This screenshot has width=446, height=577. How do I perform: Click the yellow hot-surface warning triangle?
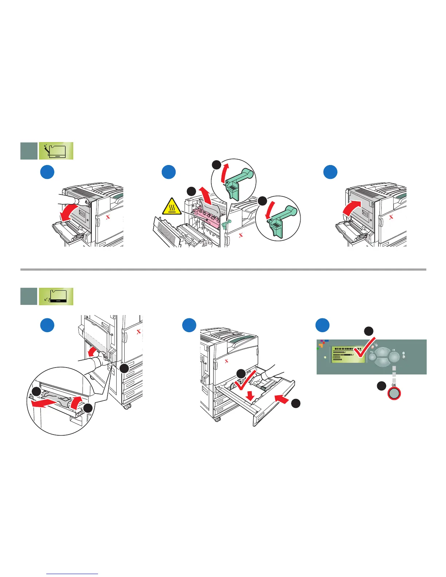[172, 207]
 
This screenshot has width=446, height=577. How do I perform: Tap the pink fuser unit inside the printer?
[207, 217]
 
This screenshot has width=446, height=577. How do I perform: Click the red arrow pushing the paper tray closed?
[282, 399]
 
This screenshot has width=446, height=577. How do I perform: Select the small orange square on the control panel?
[320, 345]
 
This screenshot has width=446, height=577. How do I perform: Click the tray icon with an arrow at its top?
[56, 151]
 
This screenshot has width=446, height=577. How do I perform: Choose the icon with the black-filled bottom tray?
[56, 297]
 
